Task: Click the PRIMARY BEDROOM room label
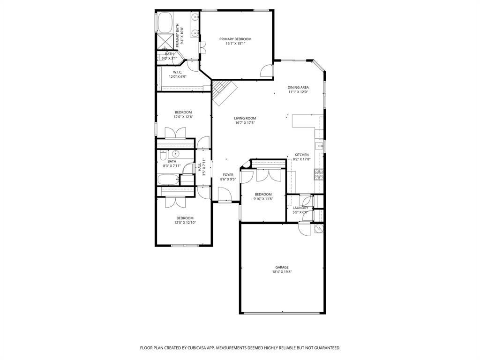click(235, 39)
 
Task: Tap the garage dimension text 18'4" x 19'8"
click(282, 272)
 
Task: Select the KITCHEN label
click(301, 155)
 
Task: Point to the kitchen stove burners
click(319, 175)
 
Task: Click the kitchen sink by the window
click(320, 146)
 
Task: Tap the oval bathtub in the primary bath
click(165, 22)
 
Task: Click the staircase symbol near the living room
click(223, 91)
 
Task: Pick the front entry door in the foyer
click(225, 195)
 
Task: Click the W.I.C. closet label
click(177, 72)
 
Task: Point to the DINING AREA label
click(298, 87)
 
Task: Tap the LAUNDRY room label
click(300, 208)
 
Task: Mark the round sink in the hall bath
click(176, 153)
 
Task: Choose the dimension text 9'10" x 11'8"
click(263, 199)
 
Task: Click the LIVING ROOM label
click(245, 118)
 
